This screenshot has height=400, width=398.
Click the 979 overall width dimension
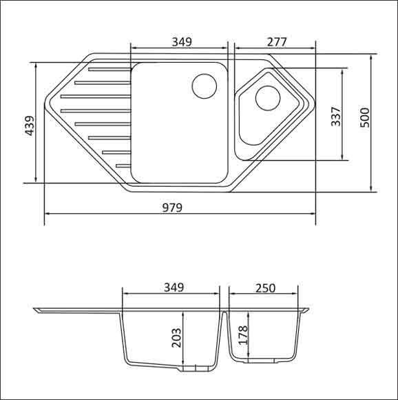172,208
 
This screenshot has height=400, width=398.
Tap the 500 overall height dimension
365,118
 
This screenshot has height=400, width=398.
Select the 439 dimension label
30,126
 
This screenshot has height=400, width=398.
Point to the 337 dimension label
336,117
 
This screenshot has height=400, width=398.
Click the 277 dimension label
277,42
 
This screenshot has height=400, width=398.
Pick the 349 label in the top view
182,42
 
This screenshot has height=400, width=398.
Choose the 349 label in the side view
174,288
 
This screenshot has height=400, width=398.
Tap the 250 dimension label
266,288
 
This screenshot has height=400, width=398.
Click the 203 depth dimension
176,337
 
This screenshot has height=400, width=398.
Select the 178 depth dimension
244,335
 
